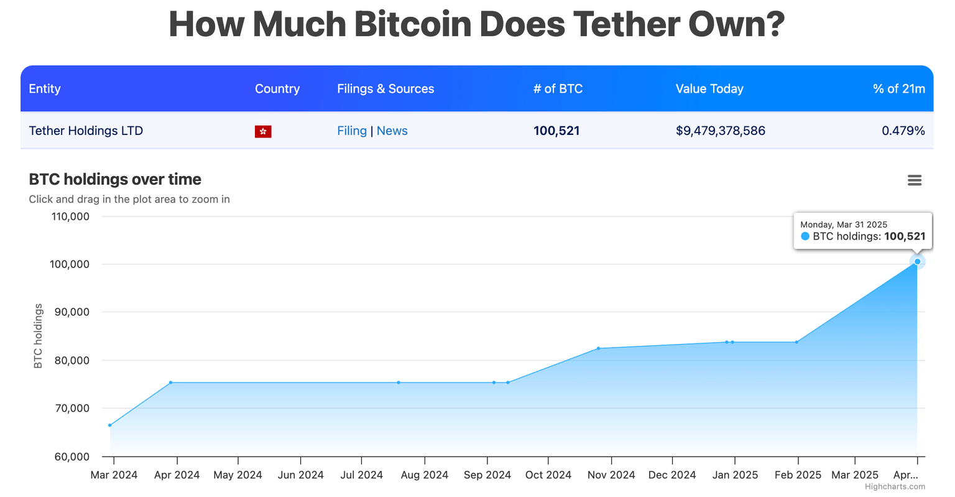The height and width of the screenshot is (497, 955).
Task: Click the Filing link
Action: coord(351,131)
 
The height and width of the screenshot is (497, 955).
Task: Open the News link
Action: coord(392,131)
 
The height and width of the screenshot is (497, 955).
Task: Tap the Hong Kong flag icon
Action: coord(263,131)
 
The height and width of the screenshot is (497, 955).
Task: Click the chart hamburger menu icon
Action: coord(914,180)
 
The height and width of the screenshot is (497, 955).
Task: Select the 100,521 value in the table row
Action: coord(556,131)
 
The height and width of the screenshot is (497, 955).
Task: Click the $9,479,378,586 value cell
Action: coord(720,131)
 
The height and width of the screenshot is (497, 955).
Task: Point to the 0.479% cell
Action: coord(903,131)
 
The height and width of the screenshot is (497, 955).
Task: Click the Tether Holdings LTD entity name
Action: coord(86,131)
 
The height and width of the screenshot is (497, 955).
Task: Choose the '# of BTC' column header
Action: coord(558,88)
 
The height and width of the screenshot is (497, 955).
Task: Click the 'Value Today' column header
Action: coord(709,88)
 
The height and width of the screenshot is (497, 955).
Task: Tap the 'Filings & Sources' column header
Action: coord(385,88)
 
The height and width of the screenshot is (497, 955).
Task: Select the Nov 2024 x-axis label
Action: coord(611,475)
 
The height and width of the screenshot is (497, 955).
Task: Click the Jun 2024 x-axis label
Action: coord(300,475)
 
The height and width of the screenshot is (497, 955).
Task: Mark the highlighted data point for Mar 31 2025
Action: coord(917,262)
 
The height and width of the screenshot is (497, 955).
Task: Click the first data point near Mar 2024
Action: coord(110,425)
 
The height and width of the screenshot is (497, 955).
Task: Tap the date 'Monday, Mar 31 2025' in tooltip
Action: coord(843,225)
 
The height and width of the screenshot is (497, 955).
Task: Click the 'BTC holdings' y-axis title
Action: coord(38,336)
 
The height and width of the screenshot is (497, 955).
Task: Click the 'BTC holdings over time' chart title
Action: coord(115,179)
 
